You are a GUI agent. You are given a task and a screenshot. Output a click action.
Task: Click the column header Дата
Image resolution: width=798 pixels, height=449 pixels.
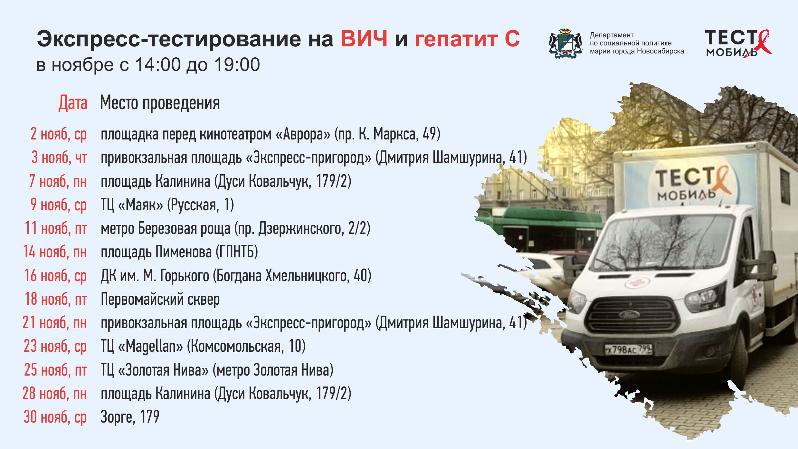coord(73,103)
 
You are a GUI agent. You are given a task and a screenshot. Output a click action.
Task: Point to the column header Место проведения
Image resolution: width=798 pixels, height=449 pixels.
coord(160,103)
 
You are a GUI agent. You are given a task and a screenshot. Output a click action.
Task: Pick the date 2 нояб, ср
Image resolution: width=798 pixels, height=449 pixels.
coord(59,134)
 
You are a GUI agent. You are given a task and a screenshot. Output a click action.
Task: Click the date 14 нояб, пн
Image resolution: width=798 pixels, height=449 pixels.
coord(55,252)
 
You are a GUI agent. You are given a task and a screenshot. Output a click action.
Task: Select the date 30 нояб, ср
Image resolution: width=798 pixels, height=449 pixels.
coord(55,417)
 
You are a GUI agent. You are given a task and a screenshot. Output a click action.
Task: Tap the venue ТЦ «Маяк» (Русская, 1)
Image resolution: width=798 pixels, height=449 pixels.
coord(167,205)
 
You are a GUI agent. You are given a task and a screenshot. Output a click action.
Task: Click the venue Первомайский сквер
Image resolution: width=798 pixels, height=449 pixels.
coord(160,299)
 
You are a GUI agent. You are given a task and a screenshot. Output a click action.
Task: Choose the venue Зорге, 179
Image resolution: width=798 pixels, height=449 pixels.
coord(130,417)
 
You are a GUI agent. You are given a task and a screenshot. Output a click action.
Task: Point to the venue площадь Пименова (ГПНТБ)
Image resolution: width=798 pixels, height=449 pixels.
coord(179,252)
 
